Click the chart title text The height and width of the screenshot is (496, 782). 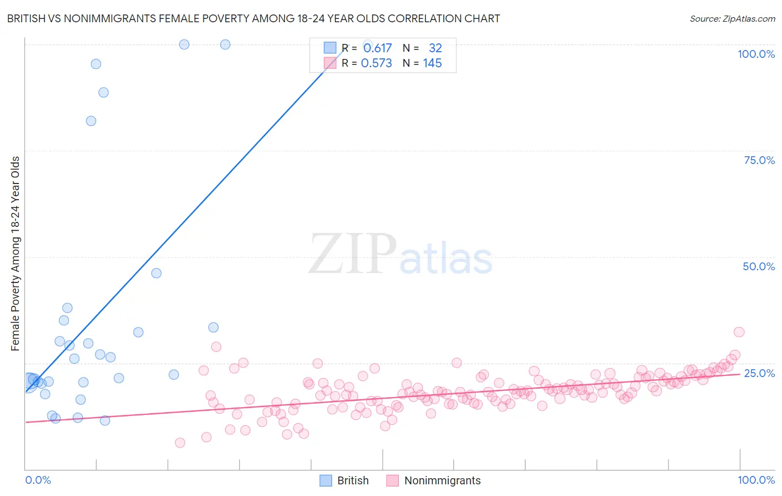[253, 18]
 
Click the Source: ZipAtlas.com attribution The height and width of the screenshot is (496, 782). [732, 18]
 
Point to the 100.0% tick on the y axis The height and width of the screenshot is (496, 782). [756, 54]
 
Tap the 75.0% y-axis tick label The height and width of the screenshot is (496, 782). [759, 160]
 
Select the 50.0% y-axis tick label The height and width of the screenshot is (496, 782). [759, 266]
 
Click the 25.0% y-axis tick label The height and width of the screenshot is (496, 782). [759, 373]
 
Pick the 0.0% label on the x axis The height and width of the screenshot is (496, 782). [38, 480]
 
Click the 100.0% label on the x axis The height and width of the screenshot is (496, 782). [756, 480]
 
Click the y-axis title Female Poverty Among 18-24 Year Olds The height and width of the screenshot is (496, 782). [16, 254]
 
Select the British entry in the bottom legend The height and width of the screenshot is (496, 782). [352, 480]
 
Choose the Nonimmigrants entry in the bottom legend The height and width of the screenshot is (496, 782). [442, 480]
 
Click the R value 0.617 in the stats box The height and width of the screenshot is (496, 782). [377, 48]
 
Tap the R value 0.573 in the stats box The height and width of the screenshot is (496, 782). [377, 63]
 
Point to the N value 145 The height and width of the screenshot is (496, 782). [432, 63]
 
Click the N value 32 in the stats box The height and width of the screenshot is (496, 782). [435, 48]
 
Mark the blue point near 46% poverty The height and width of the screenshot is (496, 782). [156, 273]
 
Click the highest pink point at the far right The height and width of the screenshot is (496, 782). [739, 332]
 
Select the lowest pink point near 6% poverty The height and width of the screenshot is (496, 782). [180, 443]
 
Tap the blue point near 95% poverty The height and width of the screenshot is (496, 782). [96, 64]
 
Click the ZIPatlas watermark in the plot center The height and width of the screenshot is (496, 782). [400, 255]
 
